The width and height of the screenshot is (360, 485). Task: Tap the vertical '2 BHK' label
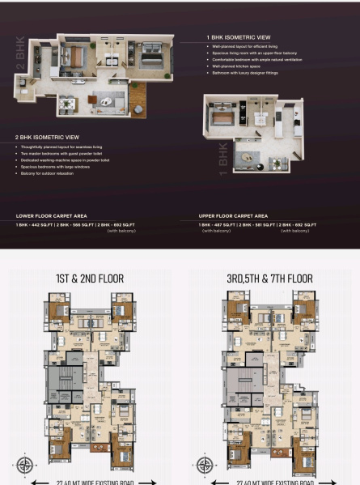point(19,54)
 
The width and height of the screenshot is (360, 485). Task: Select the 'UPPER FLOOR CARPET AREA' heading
point(233,216)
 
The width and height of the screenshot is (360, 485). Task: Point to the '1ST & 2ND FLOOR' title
point(90,279)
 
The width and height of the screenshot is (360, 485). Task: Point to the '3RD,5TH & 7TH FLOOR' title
point(270,279)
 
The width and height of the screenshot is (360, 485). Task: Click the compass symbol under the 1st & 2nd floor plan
point(24,465)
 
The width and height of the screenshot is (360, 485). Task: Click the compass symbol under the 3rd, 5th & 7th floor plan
point(205,465)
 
